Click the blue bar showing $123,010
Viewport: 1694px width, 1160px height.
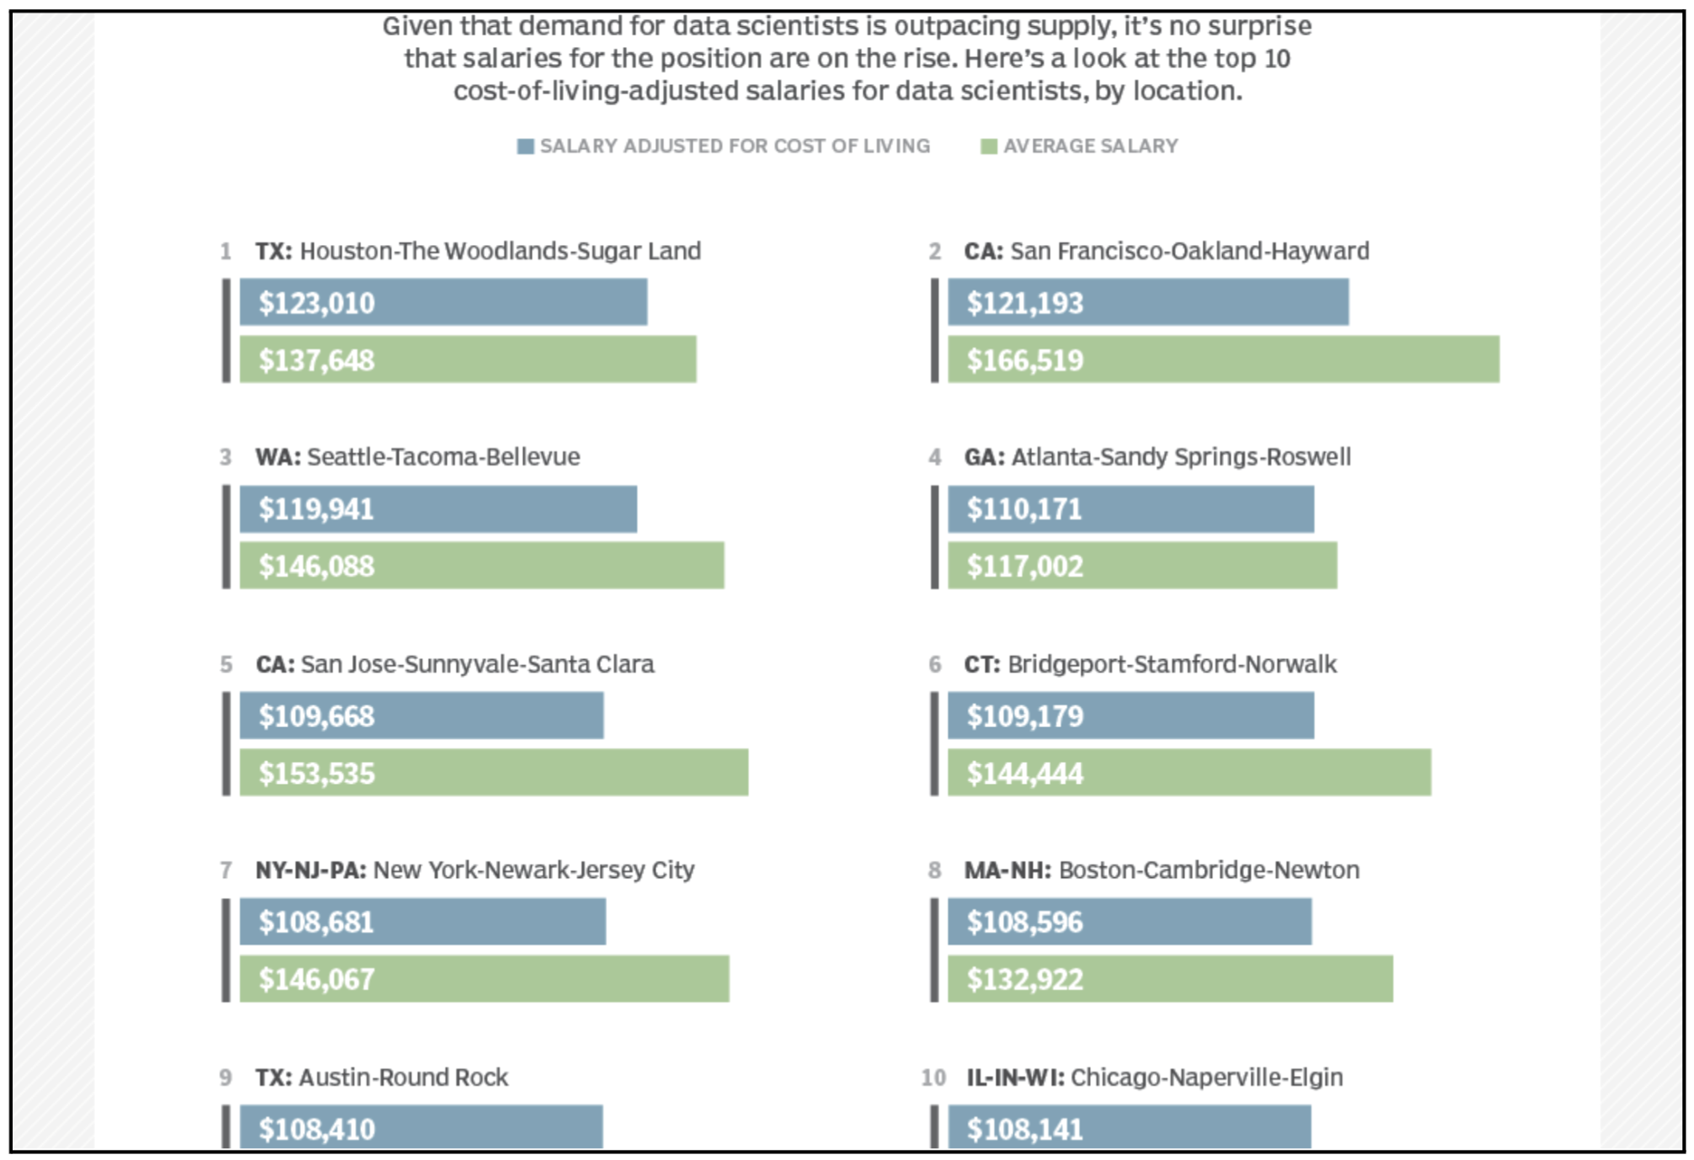click(x=443, y=302)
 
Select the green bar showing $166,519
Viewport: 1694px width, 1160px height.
click(x=1223, y=359)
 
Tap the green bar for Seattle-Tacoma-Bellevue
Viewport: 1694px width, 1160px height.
click(x=482, y=566)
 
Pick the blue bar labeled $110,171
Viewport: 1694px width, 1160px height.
click(x=1130, y=508)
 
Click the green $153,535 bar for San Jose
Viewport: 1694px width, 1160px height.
click(x=493, y=773)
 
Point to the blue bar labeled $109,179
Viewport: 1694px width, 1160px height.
click(x=1130, y=716)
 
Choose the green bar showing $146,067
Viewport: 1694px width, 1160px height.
click(x=484, y=979)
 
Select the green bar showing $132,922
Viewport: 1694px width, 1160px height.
click(x=1169, y=979)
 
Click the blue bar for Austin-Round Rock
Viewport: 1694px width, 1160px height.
click(x=421, y=1127)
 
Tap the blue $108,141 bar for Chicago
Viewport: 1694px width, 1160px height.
click(x=1128, y=1127)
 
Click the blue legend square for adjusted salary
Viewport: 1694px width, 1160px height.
click(x=525, y=146)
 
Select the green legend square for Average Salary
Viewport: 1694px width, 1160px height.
click(x=989, y=146)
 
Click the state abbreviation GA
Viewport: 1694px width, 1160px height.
click(x=983, y=457)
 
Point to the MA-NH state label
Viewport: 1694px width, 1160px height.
click(x=1007, y=870)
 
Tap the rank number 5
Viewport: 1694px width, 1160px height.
click(x=226, y=664)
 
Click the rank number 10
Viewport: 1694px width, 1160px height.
click(x=933, y=1078)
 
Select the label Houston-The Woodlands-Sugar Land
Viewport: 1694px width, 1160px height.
click(x=500, y=251)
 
